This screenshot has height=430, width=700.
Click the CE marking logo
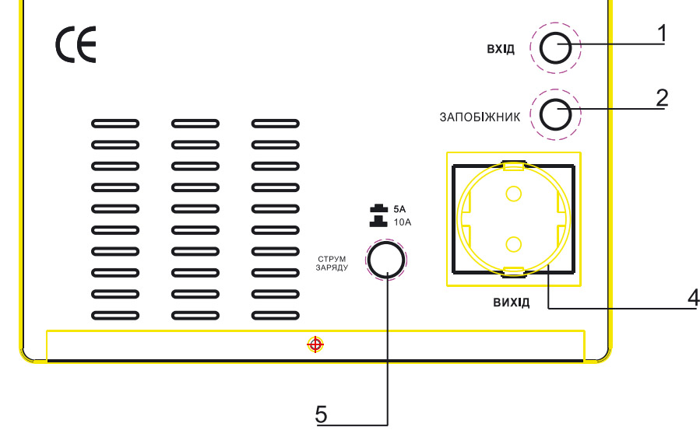[x=76, y=47]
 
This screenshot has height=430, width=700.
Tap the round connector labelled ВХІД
[x=555, y=48]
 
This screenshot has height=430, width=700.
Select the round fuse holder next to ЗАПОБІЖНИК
[x=555, y=116]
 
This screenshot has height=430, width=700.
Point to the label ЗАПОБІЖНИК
[x=480, y=117]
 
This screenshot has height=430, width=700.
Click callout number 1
[x=661, y=33]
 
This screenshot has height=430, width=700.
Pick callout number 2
[x=661, y=98]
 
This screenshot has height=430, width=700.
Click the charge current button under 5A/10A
[x=386, y=259]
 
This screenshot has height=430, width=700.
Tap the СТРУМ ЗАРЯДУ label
[x=332, y=262]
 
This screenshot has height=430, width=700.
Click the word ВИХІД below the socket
[x=511, y=302]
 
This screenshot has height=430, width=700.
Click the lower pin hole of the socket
[x=512, y=245]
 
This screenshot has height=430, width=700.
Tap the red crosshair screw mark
[x=315, y=344]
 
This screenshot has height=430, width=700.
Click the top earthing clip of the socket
[x=513, y=166]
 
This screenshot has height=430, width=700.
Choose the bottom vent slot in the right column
[x=276, y=315]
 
